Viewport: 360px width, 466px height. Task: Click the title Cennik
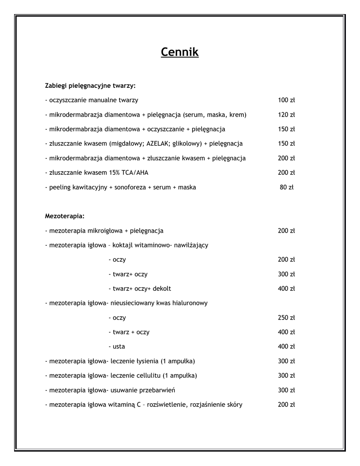180,53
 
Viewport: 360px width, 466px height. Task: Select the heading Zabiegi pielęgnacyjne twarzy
90,86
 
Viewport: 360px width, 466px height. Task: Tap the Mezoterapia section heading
65,216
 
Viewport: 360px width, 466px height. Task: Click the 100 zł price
286,100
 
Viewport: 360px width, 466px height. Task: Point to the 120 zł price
286,115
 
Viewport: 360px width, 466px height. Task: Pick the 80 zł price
286,187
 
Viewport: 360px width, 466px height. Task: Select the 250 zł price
286,318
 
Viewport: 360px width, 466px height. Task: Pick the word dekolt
162,289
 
